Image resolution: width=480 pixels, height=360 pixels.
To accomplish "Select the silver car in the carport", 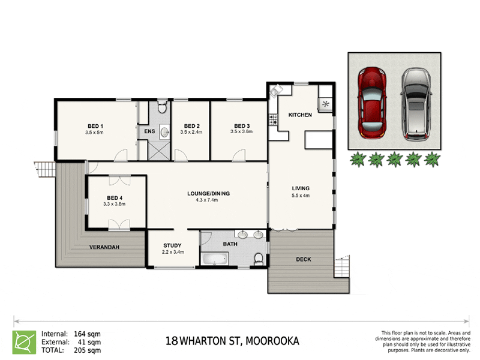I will pyautogui.click(x=415, y=104).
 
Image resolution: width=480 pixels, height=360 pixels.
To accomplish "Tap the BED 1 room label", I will pyautogui.click(x=95, y=125).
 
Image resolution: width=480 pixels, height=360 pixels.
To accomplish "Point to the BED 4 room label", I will pyautogui.click(x=116, y=198).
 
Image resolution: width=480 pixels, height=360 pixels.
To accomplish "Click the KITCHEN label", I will pyautogui.click(x=300, y=115).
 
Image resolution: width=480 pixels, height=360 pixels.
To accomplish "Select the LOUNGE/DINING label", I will pyautogui.click(x=208, y=193).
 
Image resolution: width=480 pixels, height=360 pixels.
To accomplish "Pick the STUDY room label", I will pyautogui.click(x=173, y=245).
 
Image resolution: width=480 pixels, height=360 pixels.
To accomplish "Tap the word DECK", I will pyautogui.click(x=303, y=259).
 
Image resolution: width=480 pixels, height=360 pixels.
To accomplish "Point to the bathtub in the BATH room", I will pyautogui.click(x=214, y=259).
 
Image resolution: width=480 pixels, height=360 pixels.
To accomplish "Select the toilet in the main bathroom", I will pyautogui.click(x=258, y=259).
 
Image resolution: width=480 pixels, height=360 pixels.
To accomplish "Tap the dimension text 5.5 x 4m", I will pyautogui.click(x=300, y=196).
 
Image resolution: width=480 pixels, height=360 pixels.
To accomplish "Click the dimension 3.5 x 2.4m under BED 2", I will pyautogui.click(x=191, y=132).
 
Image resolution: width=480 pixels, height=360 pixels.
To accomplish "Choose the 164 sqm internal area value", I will pyautogui.click(x=88, y=334).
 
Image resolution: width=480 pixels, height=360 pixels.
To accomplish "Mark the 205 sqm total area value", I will pyautogui.click(x=88, y=349).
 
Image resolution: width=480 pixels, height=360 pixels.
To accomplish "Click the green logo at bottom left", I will pyautogui.click(x=24, y=341).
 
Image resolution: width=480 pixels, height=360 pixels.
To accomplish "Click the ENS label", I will pyautogui.click(x=148, y=131).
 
